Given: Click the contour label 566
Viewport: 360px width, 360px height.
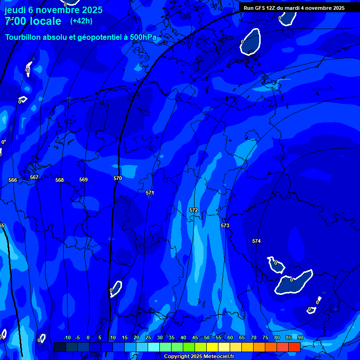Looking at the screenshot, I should coord(13,180).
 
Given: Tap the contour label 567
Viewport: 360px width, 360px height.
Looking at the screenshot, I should coord(34,178).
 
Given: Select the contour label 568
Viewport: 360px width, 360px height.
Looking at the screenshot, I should coord(60,180).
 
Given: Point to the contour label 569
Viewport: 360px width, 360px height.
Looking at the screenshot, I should coord(83,180).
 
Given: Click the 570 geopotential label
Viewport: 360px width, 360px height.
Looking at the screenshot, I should coord(118,178).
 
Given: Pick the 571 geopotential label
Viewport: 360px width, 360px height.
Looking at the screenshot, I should coord(150,193).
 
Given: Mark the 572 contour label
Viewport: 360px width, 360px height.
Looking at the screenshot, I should coord(194,210).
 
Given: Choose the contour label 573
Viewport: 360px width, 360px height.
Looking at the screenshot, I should coord(225,225).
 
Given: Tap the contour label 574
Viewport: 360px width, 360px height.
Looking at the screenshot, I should coord(256,241).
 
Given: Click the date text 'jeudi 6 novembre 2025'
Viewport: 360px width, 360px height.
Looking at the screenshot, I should coord(53,10).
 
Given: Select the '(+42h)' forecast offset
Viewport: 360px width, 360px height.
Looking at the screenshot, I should coord(81,21).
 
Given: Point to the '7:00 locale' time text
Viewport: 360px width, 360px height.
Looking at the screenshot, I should coord(33,21).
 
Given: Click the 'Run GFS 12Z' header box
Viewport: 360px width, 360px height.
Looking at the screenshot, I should coord(294,8).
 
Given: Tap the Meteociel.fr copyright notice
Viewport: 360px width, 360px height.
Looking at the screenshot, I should coord(199,357).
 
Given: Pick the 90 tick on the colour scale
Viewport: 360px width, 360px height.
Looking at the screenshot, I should coord(300,337).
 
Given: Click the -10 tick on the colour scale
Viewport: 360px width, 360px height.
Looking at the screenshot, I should coord(67,337).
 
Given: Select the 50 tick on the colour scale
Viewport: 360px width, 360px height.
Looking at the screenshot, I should coord(207,337).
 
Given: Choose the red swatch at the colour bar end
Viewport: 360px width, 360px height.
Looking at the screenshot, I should coord(294,347).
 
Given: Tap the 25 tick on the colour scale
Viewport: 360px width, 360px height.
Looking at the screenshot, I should coord(148,337).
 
